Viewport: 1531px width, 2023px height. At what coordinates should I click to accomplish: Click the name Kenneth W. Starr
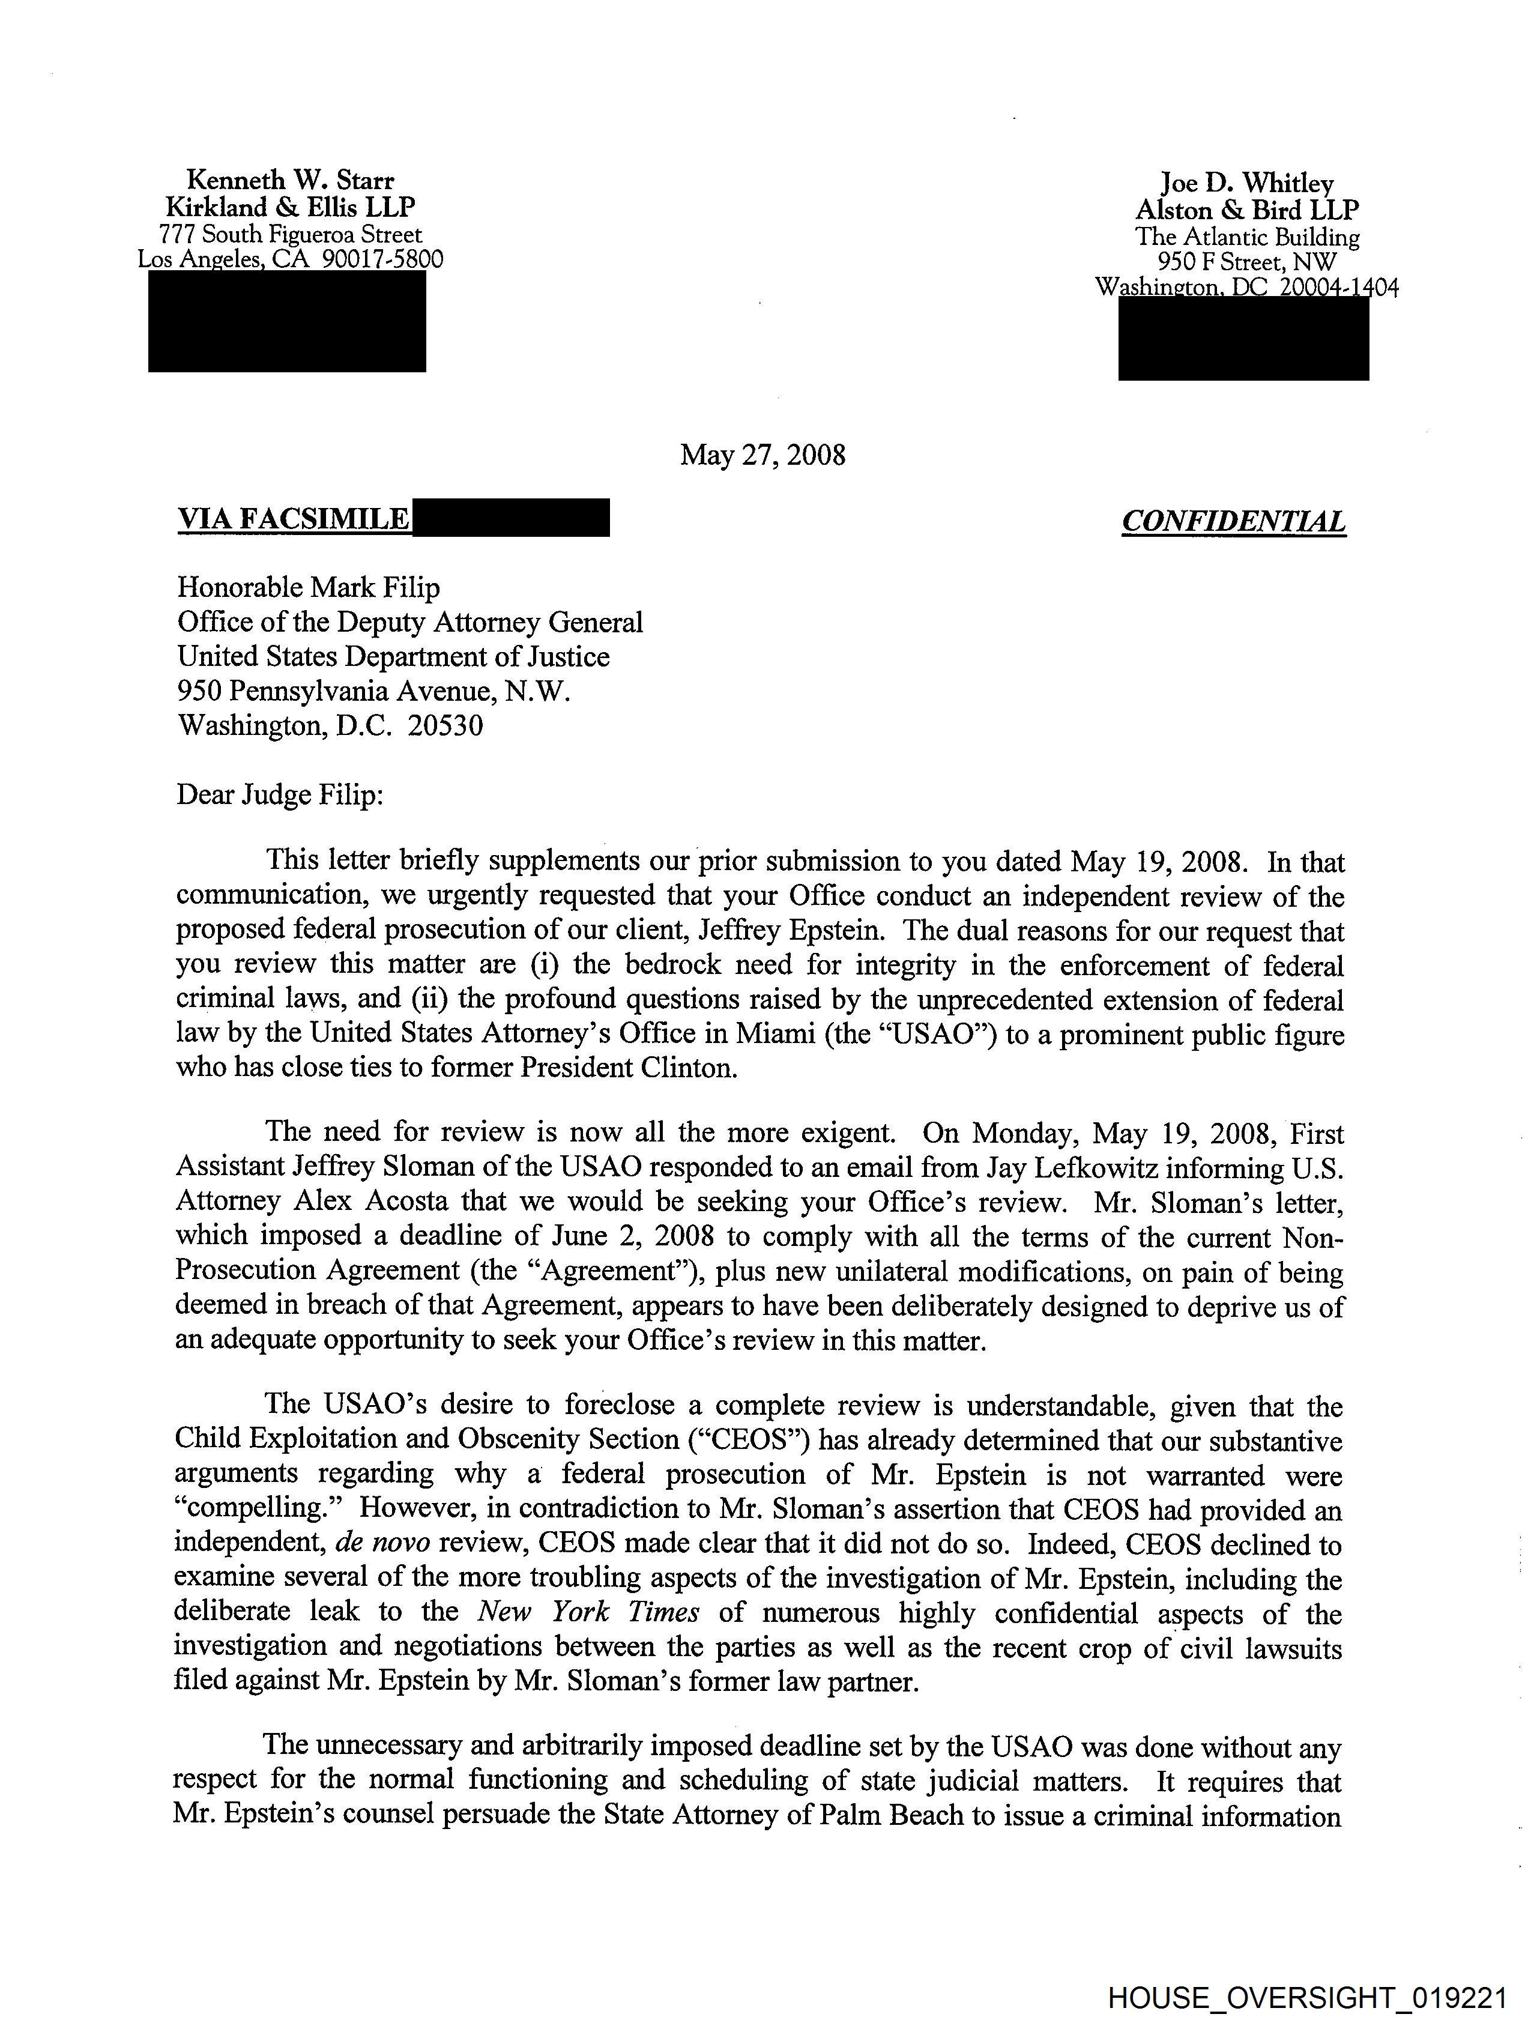point(290,180)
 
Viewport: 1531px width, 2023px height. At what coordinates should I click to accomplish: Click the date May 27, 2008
point(762,455)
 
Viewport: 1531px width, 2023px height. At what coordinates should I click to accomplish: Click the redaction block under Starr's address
point(287,322)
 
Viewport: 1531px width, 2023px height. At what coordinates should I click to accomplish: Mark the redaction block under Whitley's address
point(1243,339)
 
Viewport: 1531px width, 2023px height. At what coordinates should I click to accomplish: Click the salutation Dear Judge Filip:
point(280,795)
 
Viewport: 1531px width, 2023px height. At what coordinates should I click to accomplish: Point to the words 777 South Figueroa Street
point(290,235)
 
